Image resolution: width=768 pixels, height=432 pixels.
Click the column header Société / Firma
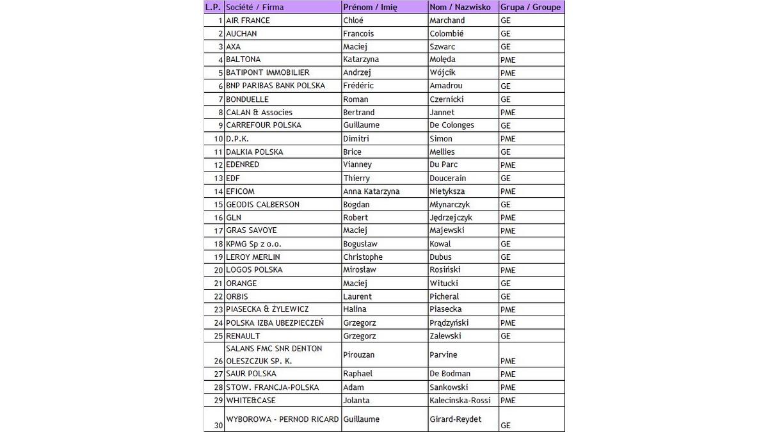coord(255,7)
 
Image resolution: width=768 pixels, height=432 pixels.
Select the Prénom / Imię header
coord(370,7)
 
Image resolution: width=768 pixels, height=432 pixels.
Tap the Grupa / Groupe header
coord(530,7)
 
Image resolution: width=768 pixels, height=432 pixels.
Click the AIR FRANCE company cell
coord(248,20)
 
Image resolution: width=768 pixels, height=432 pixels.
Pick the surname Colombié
coord(447,33)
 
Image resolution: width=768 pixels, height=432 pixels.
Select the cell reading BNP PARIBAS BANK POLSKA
coord(275,86)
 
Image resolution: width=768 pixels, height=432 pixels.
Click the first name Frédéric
coord(358,86)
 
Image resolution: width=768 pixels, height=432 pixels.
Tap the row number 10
coord(218,139)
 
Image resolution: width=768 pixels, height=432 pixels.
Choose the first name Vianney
coord(357,164)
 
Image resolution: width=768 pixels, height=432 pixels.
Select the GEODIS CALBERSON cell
coord(262,204)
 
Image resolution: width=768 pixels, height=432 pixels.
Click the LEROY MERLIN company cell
coord(253,257)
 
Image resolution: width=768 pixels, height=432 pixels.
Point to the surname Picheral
coord(444,296)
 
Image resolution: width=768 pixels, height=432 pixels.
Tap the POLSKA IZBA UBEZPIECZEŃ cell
coord(275,323)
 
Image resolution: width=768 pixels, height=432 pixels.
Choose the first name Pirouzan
coord(359,355)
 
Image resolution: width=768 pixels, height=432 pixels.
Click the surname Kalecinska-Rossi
coord(460,400)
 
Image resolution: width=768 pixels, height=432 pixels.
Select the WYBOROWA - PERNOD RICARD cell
coord(282,419)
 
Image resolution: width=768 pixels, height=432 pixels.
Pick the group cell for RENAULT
coord(506,336)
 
